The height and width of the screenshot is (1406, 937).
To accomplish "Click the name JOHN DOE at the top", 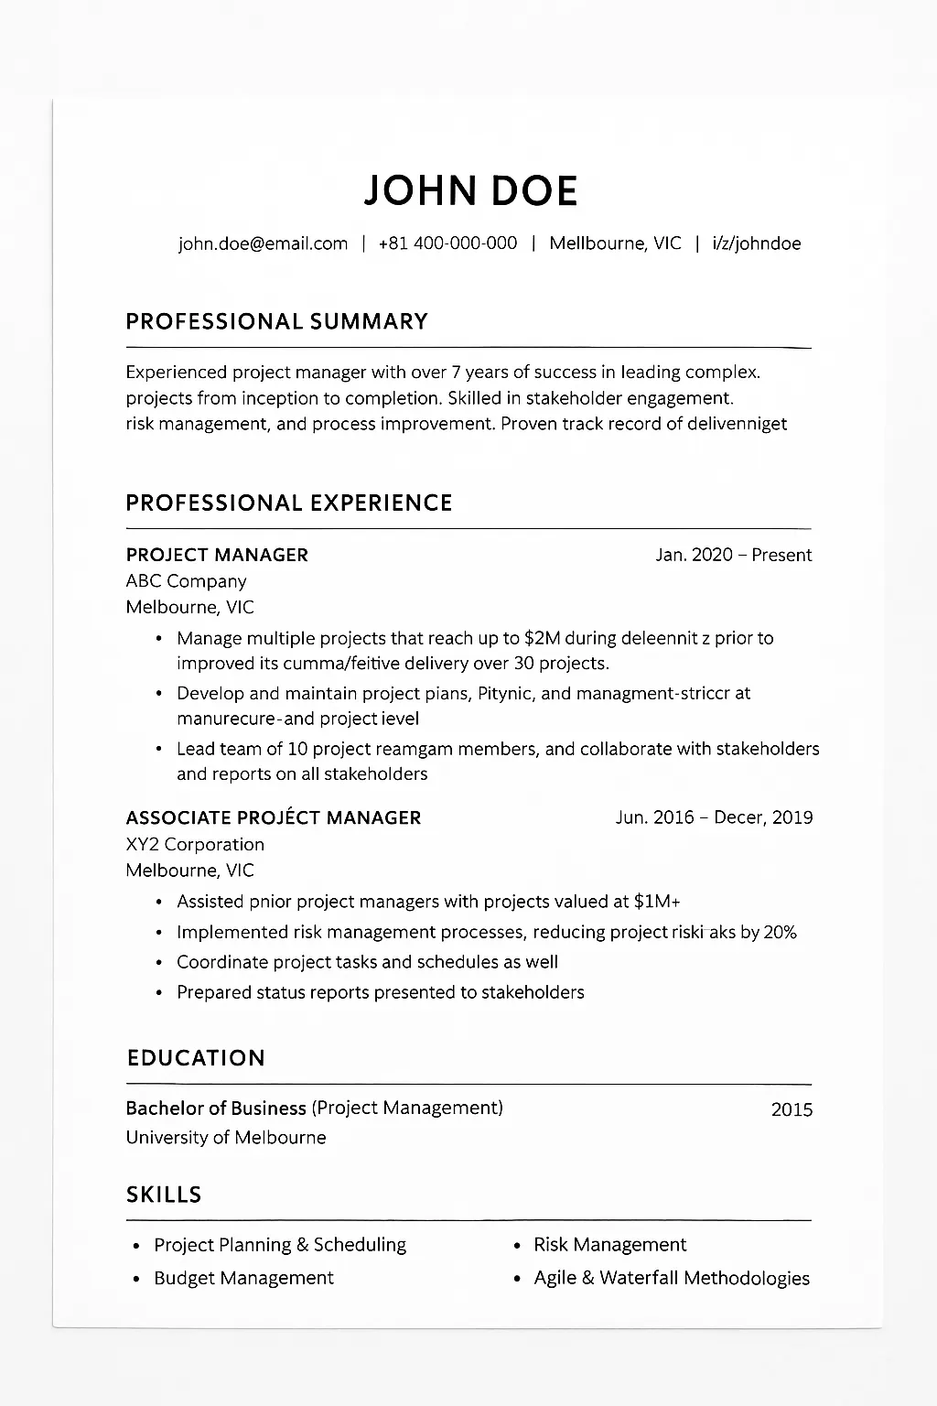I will tap(470, 189).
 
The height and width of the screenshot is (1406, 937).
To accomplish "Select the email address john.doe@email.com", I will tap(264, 243).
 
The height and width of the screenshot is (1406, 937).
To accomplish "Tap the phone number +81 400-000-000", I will tap(447, 243).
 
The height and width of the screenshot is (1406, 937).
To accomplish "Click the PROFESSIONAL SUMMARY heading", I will tap(276, 321).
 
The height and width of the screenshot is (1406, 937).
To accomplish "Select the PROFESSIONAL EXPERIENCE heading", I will tap(289, 503).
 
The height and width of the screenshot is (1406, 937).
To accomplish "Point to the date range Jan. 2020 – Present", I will tap(733, 555).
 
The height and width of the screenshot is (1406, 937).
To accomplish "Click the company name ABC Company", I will tap(186, 581).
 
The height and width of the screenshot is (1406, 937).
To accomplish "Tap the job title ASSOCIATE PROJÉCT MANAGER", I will tap(274, 817).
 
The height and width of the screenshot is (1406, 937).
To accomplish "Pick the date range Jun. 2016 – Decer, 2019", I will tap(714, 817).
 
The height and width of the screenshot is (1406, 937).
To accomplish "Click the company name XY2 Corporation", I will tap(195, 844).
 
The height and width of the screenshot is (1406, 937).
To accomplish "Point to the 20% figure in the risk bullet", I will tap(780, 932).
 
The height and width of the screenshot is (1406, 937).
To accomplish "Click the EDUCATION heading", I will tap(196, 1058).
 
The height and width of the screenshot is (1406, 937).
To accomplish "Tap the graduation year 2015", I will tap(792, 1109).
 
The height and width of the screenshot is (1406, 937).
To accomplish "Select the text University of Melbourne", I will tap(226, 1137).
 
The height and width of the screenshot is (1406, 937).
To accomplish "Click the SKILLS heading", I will tap(164, 1195).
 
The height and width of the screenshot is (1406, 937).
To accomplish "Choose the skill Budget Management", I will tap(243, 1278).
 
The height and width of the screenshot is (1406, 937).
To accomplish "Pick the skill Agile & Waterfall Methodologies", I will tap(672, 1278).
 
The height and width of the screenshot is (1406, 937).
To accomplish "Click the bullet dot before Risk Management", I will tap(517, 1246).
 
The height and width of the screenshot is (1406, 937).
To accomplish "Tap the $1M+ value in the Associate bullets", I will tap(656, 902).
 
